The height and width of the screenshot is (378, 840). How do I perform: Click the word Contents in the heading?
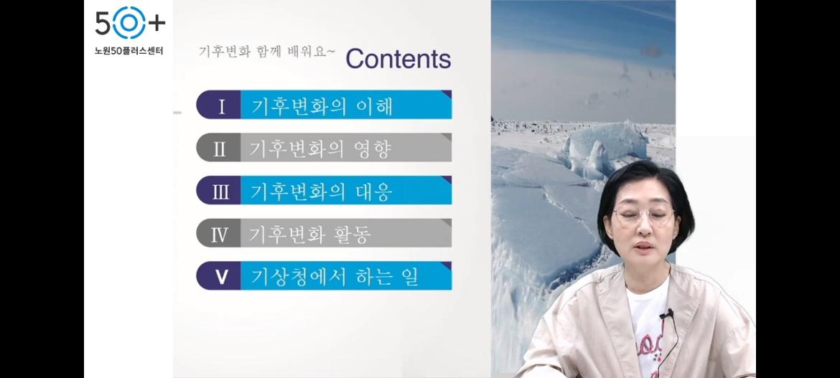tap(398, 59)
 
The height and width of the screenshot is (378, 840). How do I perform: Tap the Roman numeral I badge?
tap(218, 105)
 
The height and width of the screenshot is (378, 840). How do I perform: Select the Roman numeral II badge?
tap(218, 147)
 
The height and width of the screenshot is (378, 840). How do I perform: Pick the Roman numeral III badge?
tap(218, 190)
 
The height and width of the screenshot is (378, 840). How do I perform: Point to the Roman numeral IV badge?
tap(218, 233)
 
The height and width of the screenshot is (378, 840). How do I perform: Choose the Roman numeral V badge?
tap(218, 275)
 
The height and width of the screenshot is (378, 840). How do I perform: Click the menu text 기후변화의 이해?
tap(322, 105)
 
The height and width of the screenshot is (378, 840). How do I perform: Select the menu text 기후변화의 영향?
tap(320, 148)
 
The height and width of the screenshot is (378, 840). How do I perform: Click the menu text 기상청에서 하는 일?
tap(335, 277)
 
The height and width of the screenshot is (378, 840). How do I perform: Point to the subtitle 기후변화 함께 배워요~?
tap(267, 52)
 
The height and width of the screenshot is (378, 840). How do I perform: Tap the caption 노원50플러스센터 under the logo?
tap(129, 52)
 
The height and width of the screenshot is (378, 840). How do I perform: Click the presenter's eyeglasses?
tap(644, 215)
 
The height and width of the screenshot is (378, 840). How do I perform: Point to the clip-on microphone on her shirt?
tap(666, 314)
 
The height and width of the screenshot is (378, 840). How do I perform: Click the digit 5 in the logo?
tap(103, 23)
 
